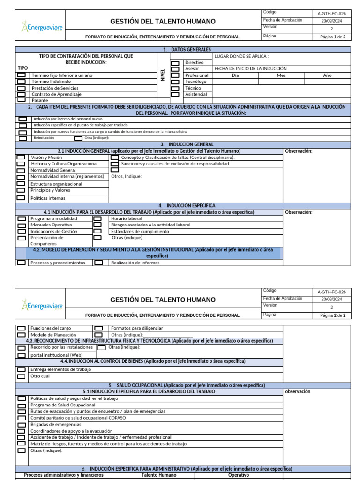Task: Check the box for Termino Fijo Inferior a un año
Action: coord(22,75)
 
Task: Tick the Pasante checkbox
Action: coord(22,100)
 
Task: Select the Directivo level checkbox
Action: coord(175,63)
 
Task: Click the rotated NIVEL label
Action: coord(163,75)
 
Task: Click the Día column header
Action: coord(235,75)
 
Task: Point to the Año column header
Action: coord(327,75)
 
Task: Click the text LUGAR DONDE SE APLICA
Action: coord(241,56)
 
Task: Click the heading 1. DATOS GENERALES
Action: coord(187,50)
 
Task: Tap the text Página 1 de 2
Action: coord(332,37)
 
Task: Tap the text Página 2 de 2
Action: coord(332,315)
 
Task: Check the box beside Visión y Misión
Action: coord(22,157)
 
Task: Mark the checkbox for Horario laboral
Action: coord(97,218)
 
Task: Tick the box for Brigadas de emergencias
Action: coord(22,424)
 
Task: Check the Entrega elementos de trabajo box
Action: coord(22,369)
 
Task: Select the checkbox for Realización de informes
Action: coord(98,262)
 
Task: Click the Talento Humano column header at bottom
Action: coord(159,475)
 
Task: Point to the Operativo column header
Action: coord(238,475)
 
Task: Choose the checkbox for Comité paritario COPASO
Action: coord(22,418)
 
